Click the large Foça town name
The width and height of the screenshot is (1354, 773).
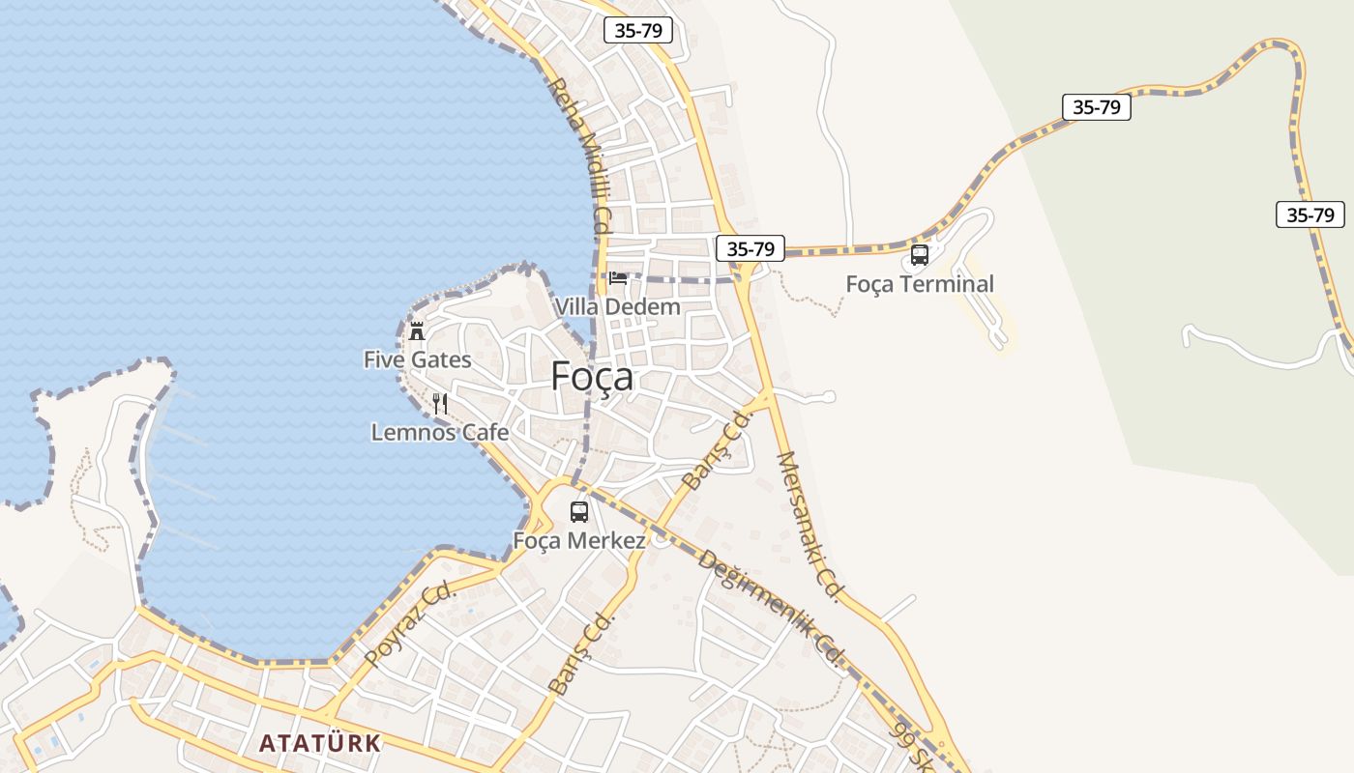pyautogui.click(x=592, y=376)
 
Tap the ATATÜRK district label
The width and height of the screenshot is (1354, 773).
pyautogui.click(x=320, y=743)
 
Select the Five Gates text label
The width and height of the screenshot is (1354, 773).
pyautogui.click(x=417, y=359)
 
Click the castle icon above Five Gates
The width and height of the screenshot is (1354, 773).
pyautogui.click(x=417, y=330)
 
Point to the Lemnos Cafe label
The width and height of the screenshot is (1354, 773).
pyautogui.click(x=439, y=432)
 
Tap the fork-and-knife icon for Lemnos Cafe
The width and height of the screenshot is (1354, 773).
pyautogui.click(x=440, y=403)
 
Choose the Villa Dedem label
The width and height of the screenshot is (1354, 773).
pyautogui.click(x=617, y=306)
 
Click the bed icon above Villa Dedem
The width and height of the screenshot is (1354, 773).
pyautogui.click(x=618, y=278)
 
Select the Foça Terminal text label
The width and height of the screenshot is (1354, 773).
pyautogui.click(x=919, y=284)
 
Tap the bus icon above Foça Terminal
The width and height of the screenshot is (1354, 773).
pyautogui.click(x=920, y=255)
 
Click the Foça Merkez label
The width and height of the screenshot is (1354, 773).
pyautogui.click(x=578, y=540)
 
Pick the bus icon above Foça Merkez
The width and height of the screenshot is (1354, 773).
pyautogui.click(x=579, y=512)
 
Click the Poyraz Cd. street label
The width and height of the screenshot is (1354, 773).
pyautogui.click(x=410, y=624)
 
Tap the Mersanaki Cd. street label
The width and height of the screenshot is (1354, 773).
pyautogui.click(x=810, y=527)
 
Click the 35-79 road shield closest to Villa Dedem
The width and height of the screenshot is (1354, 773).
pyautogui.click(x=751, y=248)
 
